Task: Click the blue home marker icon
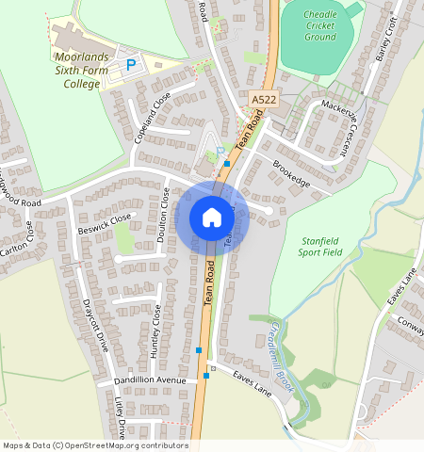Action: click(212, 218)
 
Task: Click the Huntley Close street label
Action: click(155, 326)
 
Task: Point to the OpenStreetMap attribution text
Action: click(95, 445)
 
